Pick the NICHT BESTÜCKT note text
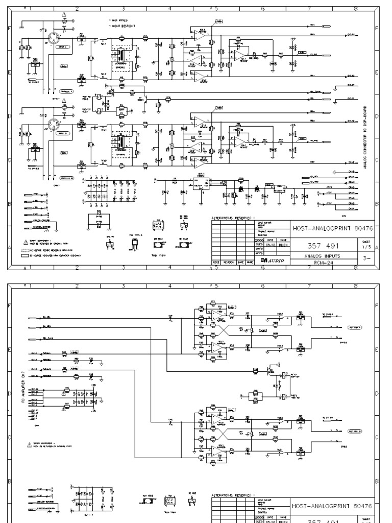[x=122, y=26]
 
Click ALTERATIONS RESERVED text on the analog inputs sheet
[x=232, y=219]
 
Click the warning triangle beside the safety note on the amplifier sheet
[x=25, y=429]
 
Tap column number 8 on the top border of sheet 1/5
[x=355, y=9]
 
